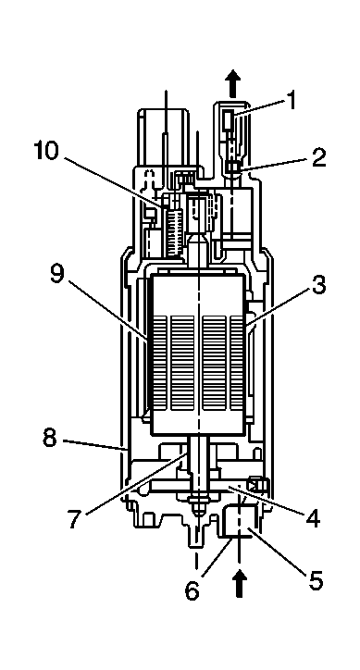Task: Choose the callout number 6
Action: pyautogui.click(x=192, y=590)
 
